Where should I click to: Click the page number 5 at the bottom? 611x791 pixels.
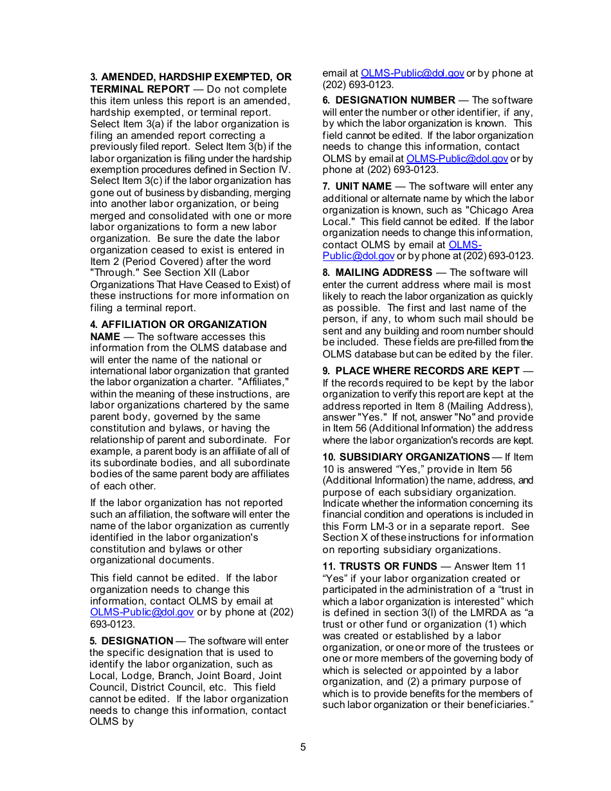click(303, 747)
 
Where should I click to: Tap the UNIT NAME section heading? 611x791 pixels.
click(363, 186)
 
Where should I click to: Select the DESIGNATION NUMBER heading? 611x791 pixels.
click(395, 100)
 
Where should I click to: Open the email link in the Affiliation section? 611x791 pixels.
click(141, 612)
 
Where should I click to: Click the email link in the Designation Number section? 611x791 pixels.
click(457, 158)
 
